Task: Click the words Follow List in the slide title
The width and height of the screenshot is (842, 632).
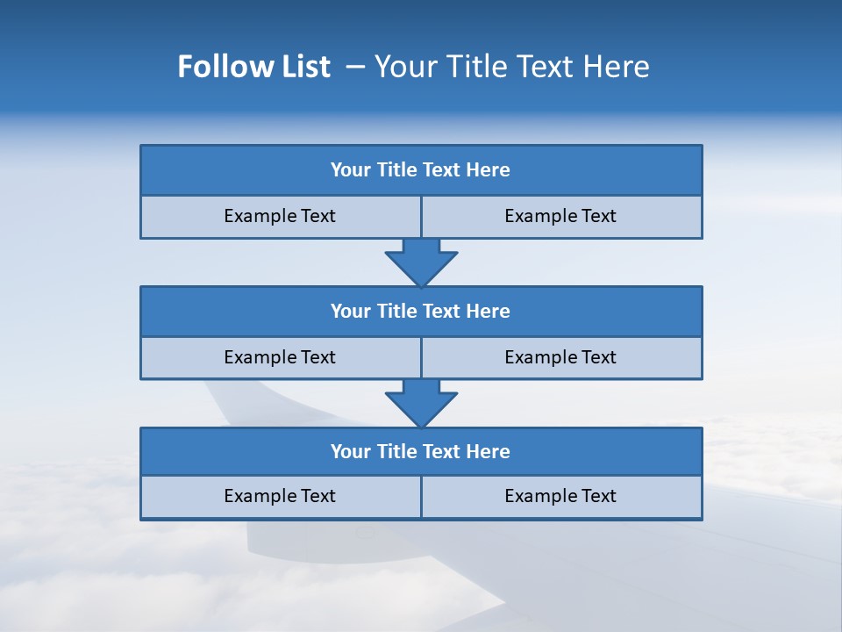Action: pos(253,67)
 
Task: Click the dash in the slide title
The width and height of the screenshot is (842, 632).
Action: pos(355,67)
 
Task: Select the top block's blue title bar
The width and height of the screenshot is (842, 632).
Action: pos(421,170)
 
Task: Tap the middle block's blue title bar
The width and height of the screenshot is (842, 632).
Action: pos(421,312)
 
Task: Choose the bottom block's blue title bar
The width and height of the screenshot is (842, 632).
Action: pos(421,452)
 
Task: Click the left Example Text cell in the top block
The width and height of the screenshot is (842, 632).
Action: pos(280,217)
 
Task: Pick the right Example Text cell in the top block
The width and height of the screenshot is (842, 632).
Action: pos(561,217)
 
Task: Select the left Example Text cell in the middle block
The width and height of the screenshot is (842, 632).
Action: pos(280,358)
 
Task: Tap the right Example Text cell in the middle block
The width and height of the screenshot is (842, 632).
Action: pos(561,358)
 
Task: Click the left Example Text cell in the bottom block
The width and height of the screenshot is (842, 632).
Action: pos(280,497)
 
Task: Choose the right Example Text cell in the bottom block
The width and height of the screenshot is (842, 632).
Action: pos(561,497)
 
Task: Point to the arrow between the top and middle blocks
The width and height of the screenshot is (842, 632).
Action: pos(421,262)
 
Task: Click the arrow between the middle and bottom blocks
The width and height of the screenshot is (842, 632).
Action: pos(421,403)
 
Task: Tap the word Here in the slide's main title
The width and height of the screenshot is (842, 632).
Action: pos(618,67)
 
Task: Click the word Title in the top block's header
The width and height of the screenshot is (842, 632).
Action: pos(396,170)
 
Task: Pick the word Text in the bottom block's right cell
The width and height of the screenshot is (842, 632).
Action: pos(598,497)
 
